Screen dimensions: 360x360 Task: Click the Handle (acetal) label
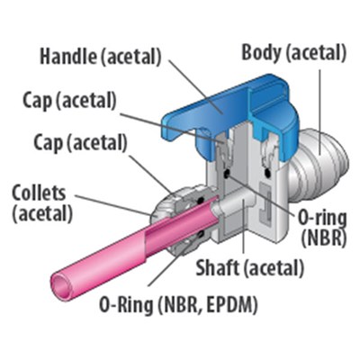[x=101, y=56]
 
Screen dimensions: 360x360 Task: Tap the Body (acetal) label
[x=293, y=52]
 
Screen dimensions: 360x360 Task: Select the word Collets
[x=39, y=193]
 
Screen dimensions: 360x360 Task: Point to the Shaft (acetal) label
[x=249, y=267]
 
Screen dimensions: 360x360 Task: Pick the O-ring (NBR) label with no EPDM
[x=322, y=229]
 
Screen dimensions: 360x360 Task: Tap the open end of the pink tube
[x=62, y=283]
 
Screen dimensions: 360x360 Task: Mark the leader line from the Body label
[x=319, y=112]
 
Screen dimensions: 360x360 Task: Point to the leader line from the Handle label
[x=196, y=86]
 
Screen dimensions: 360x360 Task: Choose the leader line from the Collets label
[x=114, y=205]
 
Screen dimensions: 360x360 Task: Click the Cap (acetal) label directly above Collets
[x=80, y=143]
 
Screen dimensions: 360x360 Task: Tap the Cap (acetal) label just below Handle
[x=69, y=101]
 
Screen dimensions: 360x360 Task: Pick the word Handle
[x=68, y=56]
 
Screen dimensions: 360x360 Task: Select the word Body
[x=262, y=52]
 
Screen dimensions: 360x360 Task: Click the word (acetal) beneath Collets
[x=42, y=213]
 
